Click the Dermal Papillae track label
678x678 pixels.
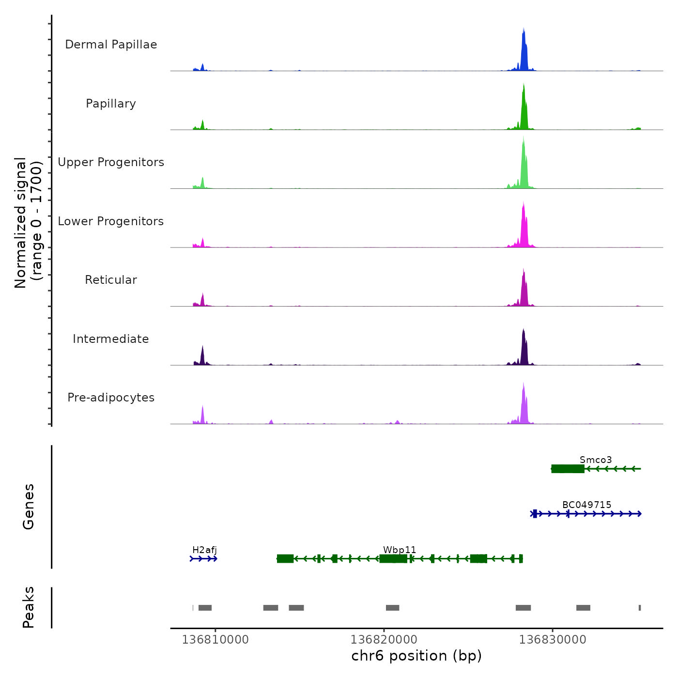[111, 45]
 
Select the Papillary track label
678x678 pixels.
[111, 104]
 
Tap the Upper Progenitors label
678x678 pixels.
[111, 162]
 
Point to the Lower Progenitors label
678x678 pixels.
[111, 221]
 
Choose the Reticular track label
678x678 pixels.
[111, 280]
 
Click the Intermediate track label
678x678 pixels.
[111, 339]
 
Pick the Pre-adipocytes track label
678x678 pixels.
[111, 398]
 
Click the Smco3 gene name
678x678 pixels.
[596, 460]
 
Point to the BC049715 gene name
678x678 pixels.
[586, 505]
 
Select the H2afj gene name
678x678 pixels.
[204, 550]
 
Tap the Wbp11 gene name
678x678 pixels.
[400, 550]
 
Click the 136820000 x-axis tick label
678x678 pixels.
[384, 639]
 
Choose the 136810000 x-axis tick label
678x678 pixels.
[215, 639]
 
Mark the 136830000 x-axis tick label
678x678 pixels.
[552, 639]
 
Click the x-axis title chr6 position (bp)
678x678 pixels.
[416, 656]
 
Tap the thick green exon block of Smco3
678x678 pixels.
[568, 469]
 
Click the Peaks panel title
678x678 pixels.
[29, 607]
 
